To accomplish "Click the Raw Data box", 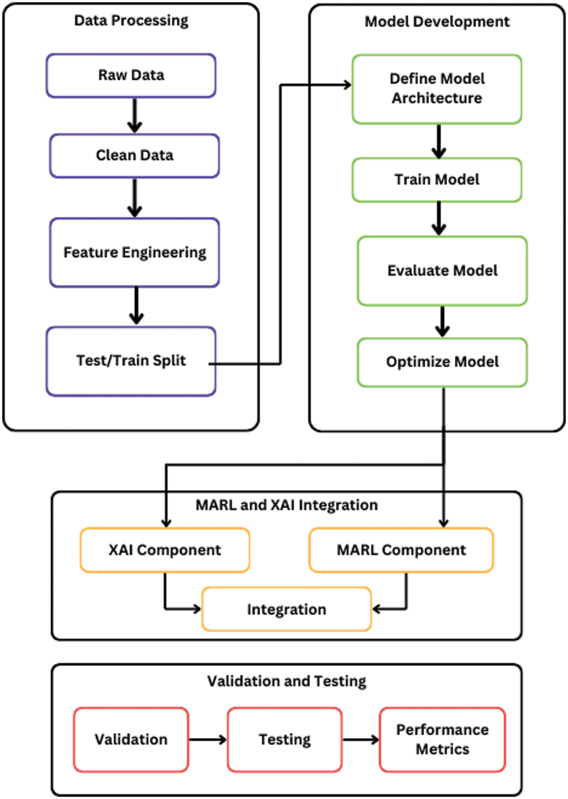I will [131, 75].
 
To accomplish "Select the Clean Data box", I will [135, 155].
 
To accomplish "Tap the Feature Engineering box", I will [135, 253].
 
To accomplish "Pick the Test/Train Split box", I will [131, 361].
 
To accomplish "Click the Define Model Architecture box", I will [437, 89].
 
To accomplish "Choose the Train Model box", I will [437, 180].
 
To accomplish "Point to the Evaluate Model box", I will [442, 271].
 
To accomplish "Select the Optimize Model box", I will [442, 362].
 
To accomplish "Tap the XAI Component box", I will [164, 550].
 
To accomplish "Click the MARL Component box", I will [401, 550].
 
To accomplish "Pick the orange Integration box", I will [286, 609].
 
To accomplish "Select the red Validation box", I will [131, 739].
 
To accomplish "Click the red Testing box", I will [284, 739].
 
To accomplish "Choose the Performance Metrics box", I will [442, 739].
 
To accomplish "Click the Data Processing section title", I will [131, 21].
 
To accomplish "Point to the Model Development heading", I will [437, 22].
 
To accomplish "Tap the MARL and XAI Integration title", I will [286, 505].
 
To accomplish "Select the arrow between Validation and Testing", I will [208, 739].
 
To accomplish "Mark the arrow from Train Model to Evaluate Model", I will [438, 219].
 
